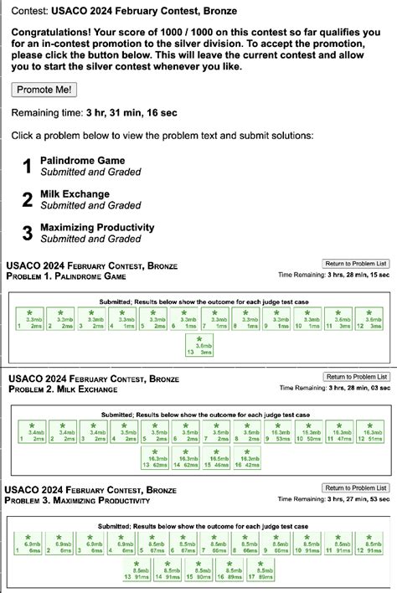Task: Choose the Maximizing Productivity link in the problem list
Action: tap(98, 227)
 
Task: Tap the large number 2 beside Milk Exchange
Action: tap(27, 199)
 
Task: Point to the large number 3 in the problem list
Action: tap(27, 233)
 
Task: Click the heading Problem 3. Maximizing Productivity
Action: tap(78, 501)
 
